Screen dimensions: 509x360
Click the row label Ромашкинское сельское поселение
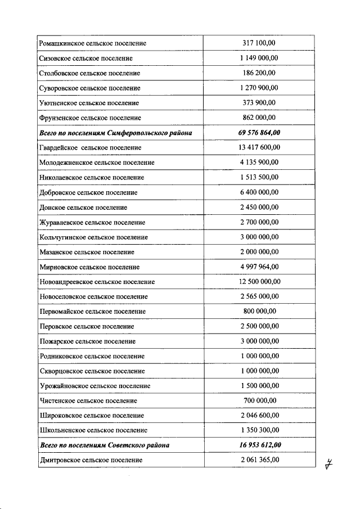pos(93,43)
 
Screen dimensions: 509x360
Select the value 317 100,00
pos(259,43)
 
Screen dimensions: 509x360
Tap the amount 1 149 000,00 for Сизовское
pos(259,58)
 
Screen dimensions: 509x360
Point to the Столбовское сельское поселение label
pos(89,73)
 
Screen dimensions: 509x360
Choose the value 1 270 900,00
pos(259,88)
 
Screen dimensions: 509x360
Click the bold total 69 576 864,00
pos(259,133)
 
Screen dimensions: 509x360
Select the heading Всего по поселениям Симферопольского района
pos(116,133)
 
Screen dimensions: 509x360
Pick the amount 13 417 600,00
pos(259,147)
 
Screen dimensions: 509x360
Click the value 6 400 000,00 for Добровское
pos(259,192)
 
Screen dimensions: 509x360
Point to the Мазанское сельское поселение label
pos(87,252)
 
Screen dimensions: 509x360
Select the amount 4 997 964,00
pos(259,267)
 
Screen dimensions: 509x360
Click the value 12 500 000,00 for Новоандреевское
pos(259,282)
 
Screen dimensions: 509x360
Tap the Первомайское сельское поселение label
pos(93,312)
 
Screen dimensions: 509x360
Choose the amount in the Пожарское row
pos(259,341)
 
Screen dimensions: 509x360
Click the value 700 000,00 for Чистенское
pos(259,400)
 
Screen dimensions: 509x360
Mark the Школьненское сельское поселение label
pos(93,430)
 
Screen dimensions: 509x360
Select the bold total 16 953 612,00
pos(259,445)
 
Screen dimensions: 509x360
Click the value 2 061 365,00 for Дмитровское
pos(259,460)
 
